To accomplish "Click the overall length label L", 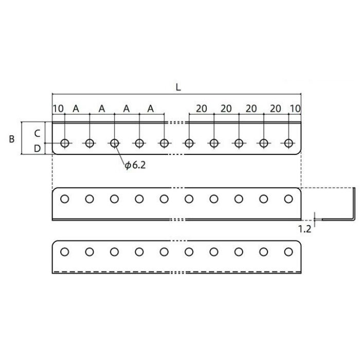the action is coord(178,87).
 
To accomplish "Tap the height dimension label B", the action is coord(11,139).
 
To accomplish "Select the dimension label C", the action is coord(37,133).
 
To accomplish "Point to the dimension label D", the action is coord(37,149).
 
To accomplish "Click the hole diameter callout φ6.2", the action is coord(135,165).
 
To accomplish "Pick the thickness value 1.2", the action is coord(304,229).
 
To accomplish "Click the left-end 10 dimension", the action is coord(58,109).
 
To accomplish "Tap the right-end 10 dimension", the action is coord(295,109).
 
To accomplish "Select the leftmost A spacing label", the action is coord(76,109).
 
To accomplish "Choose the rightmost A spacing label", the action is coord(150,109).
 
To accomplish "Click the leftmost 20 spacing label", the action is coord(202,109).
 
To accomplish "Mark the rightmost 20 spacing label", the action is coord(275,109).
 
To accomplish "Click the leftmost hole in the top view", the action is coord(65,143).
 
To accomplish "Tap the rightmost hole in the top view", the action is coord(289,143).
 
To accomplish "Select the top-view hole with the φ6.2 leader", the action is coord(114,143).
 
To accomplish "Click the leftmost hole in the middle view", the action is coord(64,199).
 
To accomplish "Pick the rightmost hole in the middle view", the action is coord(289,199).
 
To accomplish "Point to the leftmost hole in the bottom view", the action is coord(64,252).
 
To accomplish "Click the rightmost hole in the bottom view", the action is coord(289,252).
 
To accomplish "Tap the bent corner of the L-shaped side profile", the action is coord(354,219).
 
